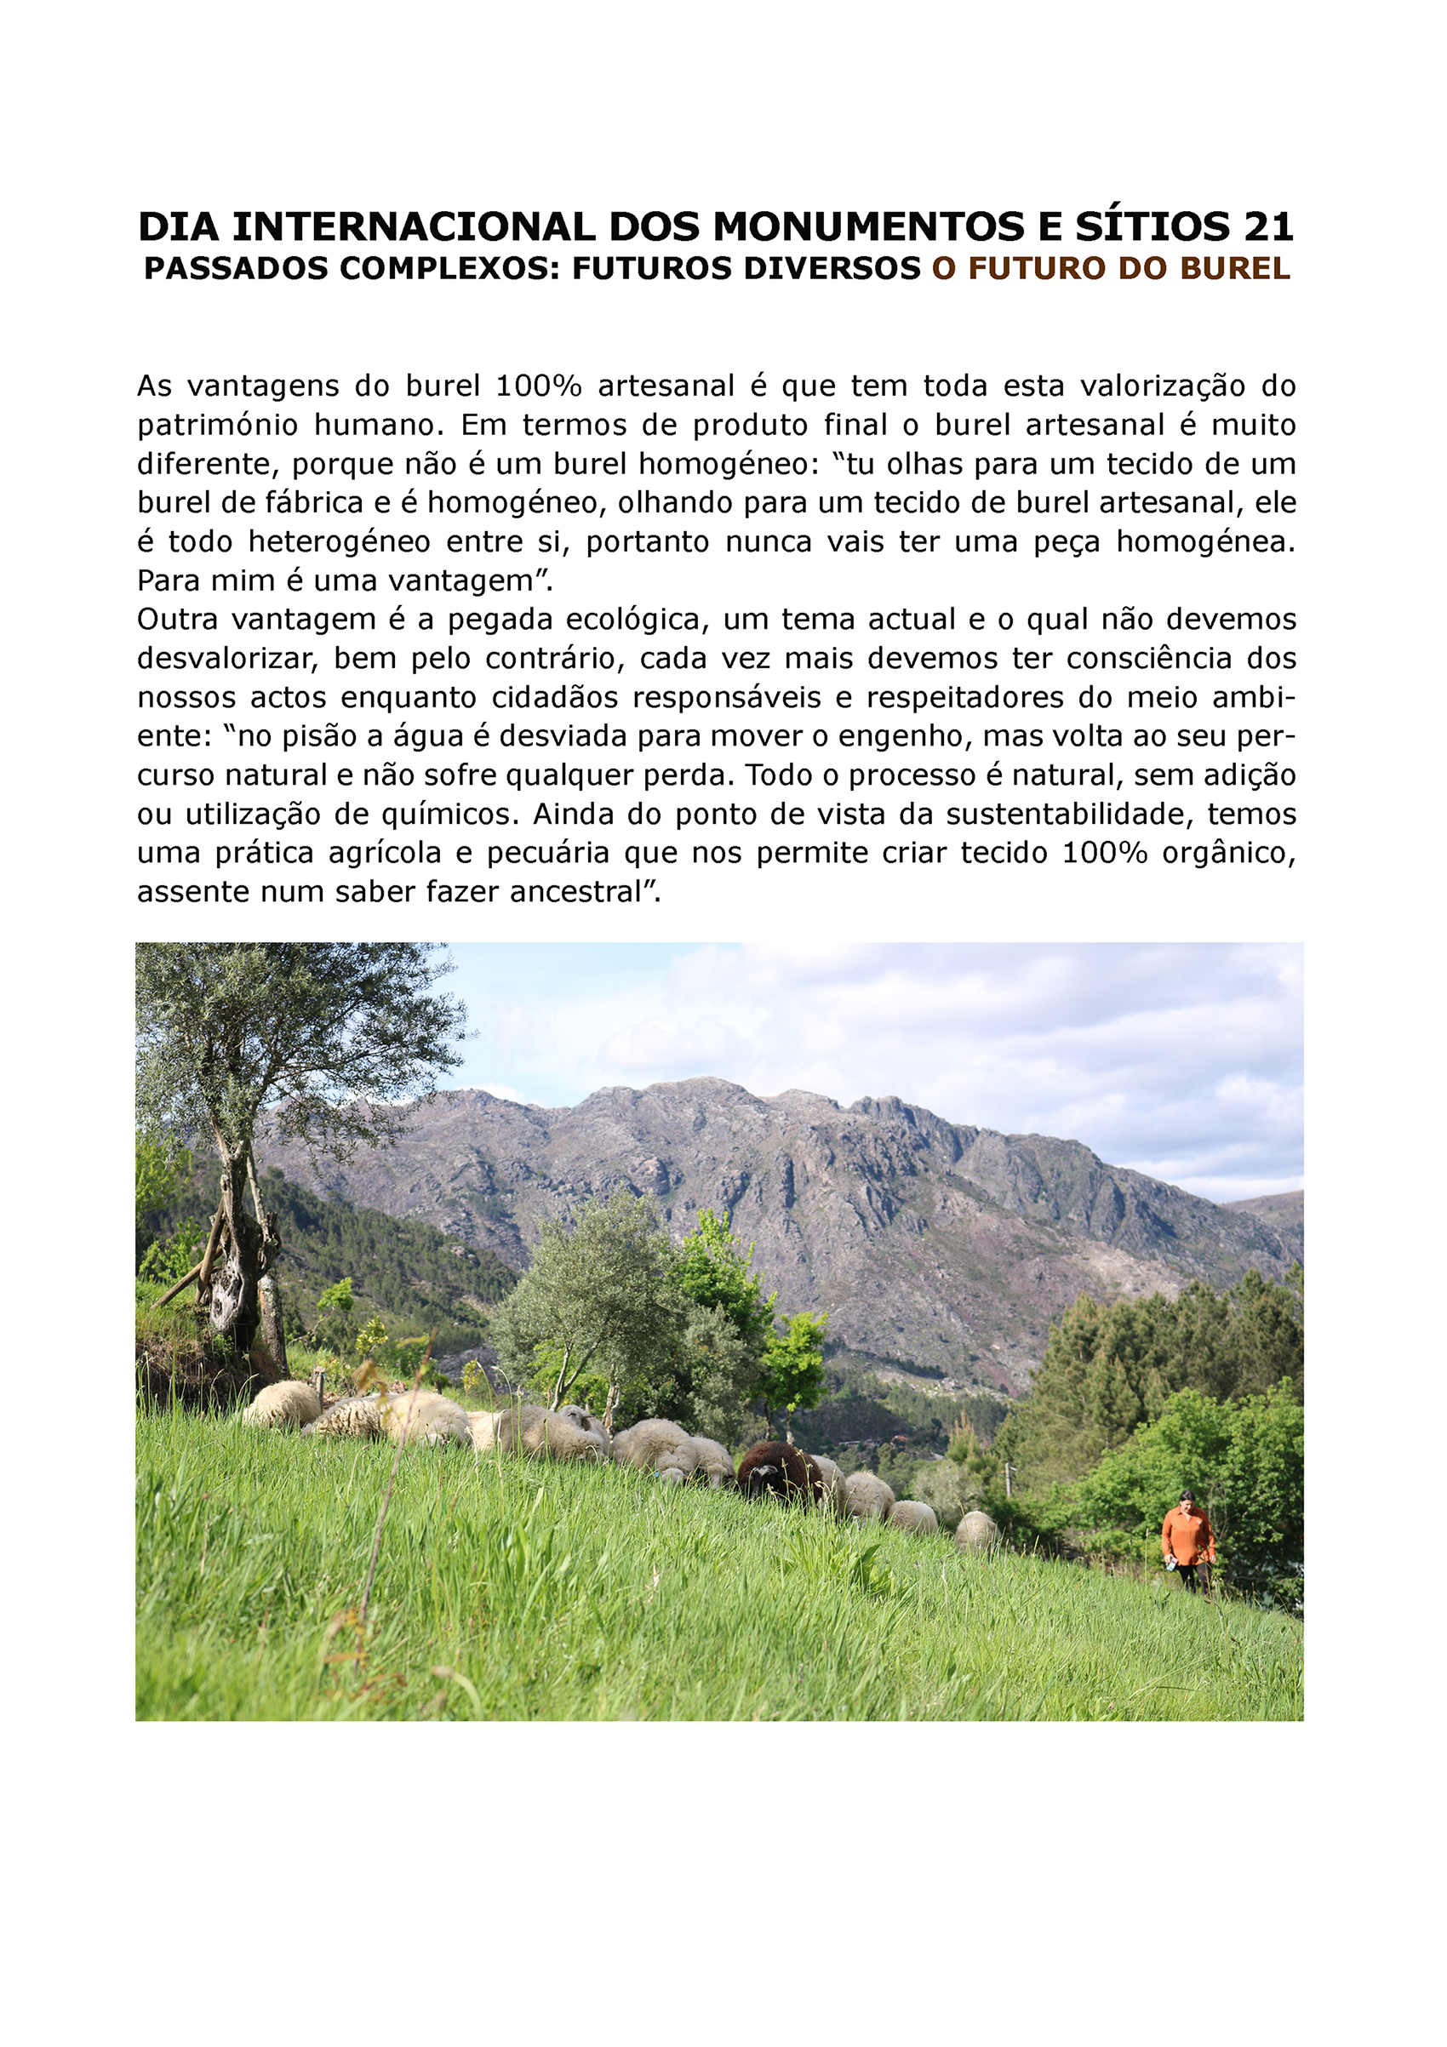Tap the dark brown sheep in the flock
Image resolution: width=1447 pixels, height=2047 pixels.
tap(778, 1470)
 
